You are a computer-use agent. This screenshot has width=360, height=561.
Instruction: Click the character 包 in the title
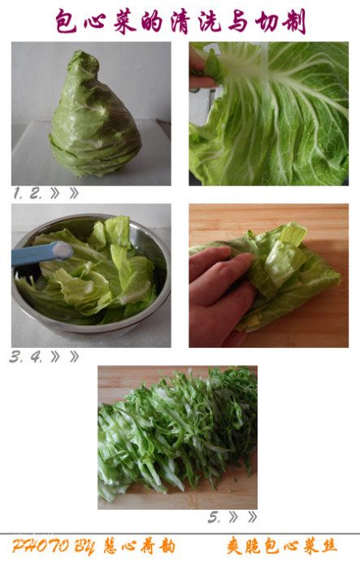[x=67, y=21]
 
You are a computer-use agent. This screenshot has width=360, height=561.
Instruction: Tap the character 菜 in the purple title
[x=125, y=21]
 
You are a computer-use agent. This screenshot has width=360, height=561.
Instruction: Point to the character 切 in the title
[x=267, y=22]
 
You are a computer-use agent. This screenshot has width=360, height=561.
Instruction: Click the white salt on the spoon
[x=63, y=250]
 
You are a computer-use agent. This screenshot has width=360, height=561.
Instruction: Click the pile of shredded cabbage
[x=178, y=433]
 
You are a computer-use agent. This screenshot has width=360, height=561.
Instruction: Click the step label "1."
[x=18, y=194]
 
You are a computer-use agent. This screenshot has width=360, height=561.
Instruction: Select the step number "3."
[x=15, y=357]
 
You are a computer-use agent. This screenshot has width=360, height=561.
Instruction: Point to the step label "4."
[x=37, y=357]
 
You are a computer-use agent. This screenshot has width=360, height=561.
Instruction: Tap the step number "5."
[x=215, y=517]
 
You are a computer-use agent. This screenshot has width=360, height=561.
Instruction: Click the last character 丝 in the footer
[x=327, y=546]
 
